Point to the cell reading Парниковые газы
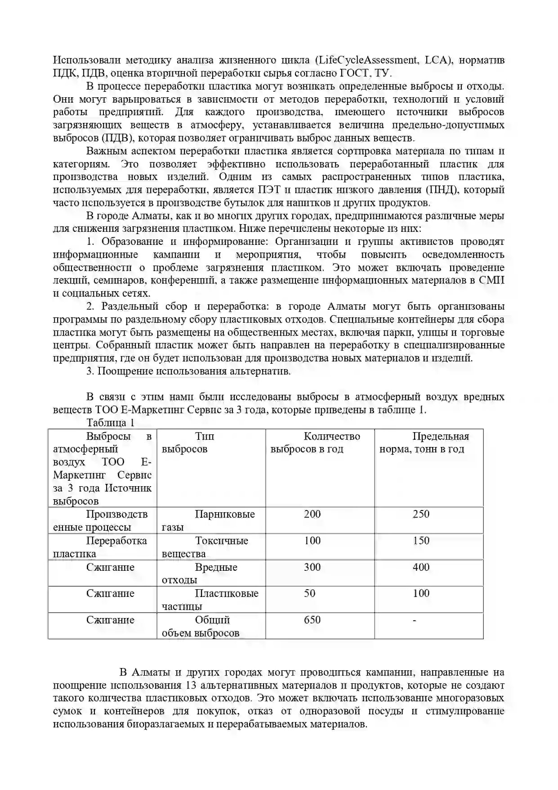tap(211, 520)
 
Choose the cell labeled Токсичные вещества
tap(211, 547)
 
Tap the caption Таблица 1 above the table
tap(110, 423)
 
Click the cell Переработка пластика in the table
tap(103, 547)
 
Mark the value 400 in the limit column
tap(421, 567)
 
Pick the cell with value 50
tap(309, 593)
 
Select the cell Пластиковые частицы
tap(211, 600)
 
